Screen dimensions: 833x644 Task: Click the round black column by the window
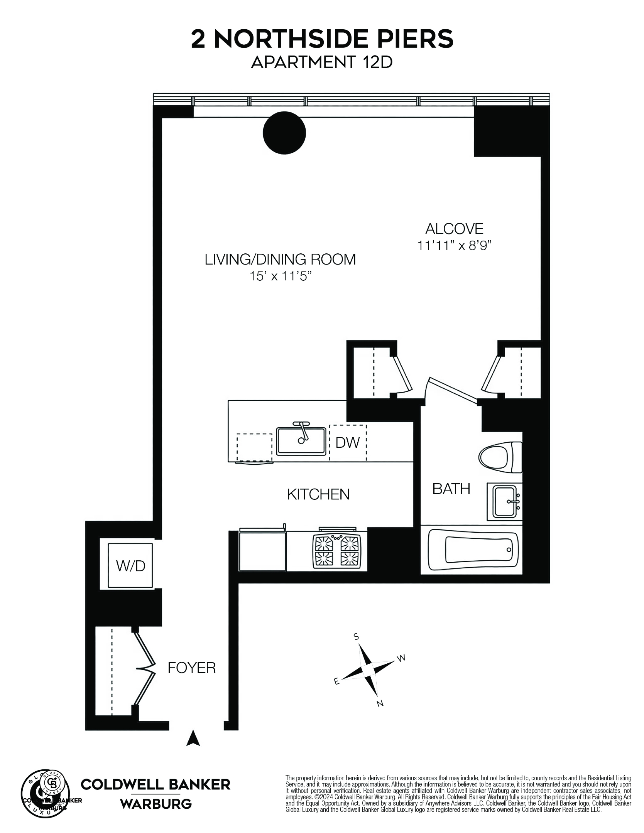pyautogui.click(x=284, y=133)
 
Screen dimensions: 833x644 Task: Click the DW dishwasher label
pyautogui.click(x=347, y=442)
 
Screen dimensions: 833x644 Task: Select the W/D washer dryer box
pyautogui.click(x=130, y=566)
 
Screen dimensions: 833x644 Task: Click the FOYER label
pyautogui.click(x=191, y=668)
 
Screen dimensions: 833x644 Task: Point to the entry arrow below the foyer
pyautogui.click(x=193, y=738)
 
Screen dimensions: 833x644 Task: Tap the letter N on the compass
pyautogui.click(x=380, y=704)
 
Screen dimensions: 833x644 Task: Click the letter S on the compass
pyautogui.click(x=357, y=637)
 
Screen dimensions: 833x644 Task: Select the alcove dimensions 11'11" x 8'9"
pyautogui.click(x=455, y=245)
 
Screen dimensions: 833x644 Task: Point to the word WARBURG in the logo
pyautogui.click(x=156, y=804)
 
